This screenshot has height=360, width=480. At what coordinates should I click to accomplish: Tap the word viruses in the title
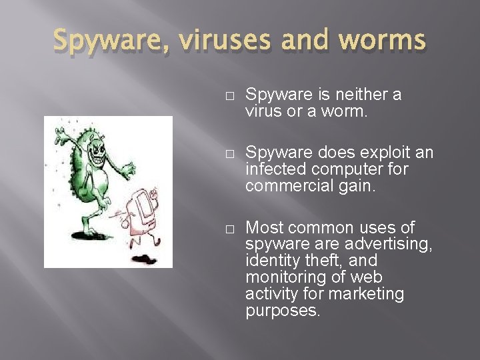point(218,41)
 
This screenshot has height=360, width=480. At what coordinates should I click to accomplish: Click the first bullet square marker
point(229,96)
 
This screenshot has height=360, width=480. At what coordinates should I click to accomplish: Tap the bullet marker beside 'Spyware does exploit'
point(229,154)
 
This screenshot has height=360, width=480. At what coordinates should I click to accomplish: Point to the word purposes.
point(283,310)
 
